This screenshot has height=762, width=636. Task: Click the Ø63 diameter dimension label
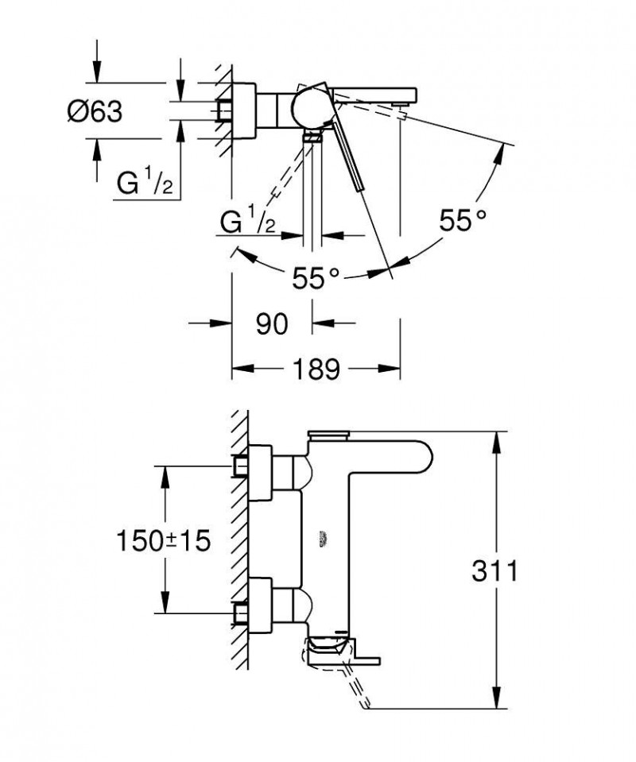[95, 113]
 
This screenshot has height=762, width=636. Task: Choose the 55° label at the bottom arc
[316, 277]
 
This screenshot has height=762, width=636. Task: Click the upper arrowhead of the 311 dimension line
[499, 437]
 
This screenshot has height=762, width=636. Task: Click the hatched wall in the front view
[239, 540]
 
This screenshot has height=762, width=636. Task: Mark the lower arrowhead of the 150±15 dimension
[165, 607]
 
